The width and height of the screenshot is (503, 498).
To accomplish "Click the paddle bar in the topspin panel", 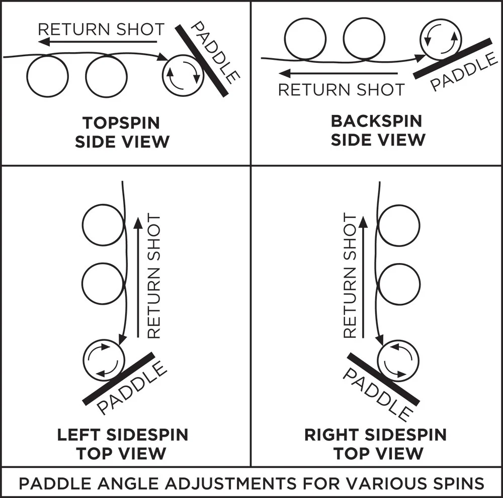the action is [x=202, y=61].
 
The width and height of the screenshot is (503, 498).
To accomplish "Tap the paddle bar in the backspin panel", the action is [x=452, y=59].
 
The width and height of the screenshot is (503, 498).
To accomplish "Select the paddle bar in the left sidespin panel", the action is [x=119, y=379].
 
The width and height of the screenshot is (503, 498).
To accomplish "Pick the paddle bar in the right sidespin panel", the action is [x=383, y=379].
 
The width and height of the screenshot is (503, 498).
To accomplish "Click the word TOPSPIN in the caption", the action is [x=121, y=122].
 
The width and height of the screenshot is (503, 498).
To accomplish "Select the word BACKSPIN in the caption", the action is [x=377, y=121].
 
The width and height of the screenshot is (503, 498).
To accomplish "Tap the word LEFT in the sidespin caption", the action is [x=78, y=435].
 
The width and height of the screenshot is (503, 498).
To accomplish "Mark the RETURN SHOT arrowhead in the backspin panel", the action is [x=285, y=73].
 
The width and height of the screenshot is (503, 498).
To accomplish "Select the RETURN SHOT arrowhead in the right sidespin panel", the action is [x=363, y=222].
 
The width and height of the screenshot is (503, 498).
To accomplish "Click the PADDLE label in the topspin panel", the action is [x=215, y=53].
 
